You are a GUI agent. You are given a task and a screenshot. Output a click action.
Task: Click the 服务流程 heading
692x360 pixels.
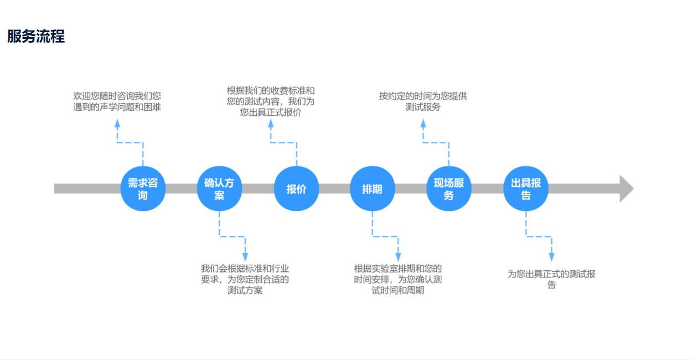click(x=36, y=37)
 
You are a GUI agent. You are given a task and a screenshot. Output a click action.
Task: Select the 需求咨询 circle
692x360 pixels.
click(x=143, y=189)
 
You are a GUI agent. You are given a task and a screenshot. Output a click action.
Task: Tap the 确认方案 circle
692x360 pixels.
click(x=219, y=189)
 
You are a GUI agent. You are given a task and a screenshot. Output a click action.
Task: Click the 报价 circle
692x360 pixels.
click(x=296, y=189)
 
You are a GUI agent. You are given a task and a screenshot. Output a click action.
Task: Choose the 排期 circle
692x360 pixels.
click(x=372, y=189)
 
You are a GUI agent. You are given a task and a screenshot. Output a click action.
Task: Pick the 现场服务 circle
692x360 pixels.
click(x=448, y=189)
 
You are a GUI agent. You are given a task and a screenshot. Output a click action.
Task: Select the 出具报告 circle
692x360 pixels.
click(x=525, y=189)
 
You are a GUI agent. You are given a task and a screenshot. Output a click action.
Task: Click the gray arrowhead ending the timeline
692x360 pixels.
click(x=626, y=189)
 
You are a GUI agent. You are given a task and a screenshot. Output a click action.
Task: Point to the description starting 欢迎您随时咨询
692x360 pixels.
click(x=117, y=101)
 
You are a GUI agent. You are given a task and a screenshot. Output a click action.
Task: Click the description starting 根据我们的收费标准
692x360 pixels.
click(x=271, y=101)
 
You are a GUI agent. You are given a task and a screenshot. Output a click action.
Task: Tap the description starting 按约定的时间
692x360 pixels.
click(x=423, y=101)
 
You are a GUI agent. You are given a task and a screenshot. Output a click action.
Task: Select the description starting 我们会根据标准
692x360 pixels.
click(x=245, y=279)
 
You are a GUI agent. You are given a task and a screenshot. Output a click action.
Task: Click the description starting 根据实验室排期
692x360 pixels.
click(x=398, y=279)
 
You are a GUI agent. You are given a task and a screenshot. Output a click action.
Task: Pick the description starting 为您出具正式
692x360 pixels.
click(x=551, y=279)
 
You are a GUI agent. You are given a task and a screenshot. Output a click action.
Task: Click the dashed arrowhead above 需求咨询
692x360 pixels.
click(x=117, y=124)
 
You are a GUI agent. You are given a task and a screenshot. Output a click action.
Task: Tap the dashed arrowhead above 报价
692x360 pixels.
click(x=271, y=124)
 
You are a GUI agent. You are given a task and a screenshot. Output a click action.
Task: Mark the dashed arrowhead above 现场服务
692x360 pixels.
click(x=424, y=124)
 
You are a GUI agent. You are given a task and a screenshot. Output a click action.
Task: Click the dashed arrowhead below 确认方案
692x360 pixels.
click(x=245, y=257)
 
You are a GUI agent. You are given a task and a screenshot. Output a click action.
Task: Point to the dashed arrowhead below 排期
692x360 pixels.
click(x=398, y=257)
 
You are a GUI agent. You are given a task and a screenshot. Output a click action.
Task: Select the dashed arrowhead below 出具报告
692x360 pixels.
click(x=551, y=257)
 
